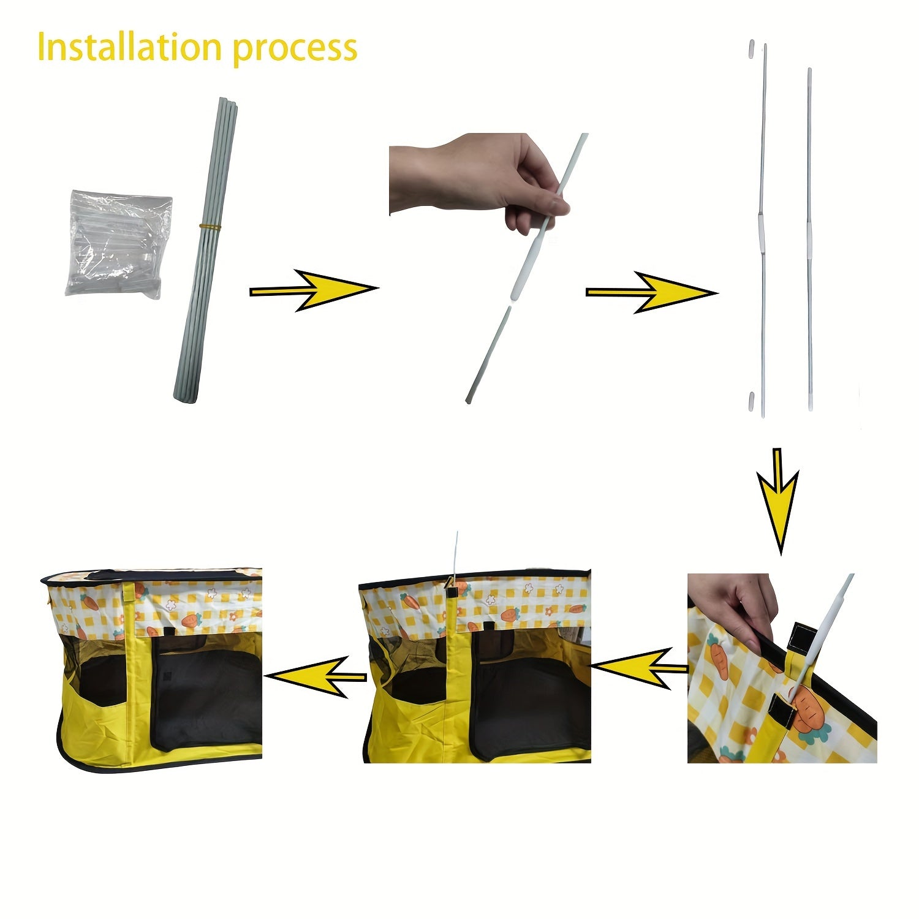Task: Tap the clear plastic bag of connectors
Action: tap(119, 244)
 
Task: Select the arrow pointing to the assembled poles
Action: tap(651, 292)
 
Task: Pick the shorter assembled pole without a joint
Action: tap(809, 239)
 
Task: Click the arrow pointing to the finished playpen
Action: tap(316, 676)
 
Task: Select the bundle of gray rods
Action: tap(206, 249)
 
